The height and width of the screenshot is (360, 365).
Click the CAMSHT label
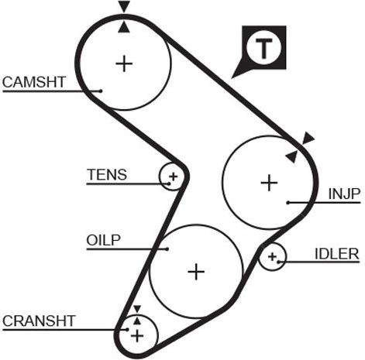pos(34,82)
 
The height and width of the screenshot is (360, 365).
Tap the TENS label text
pos(107,174)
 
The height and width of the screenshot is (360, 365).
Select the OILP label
pos(103,240)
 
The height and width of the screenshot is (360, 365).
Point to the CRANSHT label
pos(39,321)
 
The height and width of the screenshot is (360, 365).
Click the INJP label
pos(344,194)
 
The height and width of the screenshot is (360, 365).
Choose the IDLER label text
pos(337,254)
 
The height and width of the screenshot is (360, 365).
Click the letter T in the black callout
pos(263,48)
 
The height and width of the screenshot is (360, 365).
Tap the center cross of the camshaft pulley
pos(124,63)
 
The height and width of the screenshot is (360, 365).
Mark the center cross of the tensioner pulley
pos(174,177)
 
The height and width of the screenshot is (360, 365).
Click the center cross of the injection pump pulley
pos(269,183)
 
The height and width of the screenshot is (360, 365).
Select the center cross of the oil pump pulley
pos(196,272)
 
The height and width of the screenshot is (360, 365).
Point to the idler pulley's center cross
pos(272,257)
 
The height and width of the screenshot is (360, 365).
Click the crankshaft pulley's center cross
pos(137,336)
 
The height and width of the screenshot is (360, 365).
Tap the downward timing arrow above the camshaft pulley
pos(124,6)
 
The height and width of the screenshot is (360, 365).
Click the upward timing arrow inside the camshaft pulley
pos(124,27)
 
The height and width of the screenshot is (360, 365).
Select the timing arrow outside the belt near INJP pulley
pos(308,138)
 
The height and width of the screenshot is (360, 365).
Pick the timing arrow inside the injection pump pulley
pos(291,157)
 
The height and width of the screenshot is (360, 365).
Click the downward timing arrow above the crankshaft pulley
pos(137,309)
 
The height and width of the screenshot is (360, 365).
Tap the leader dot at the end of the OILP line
pos(167,249)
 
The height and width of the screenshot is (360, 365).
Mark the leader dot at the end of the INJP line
pos(288,203)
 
